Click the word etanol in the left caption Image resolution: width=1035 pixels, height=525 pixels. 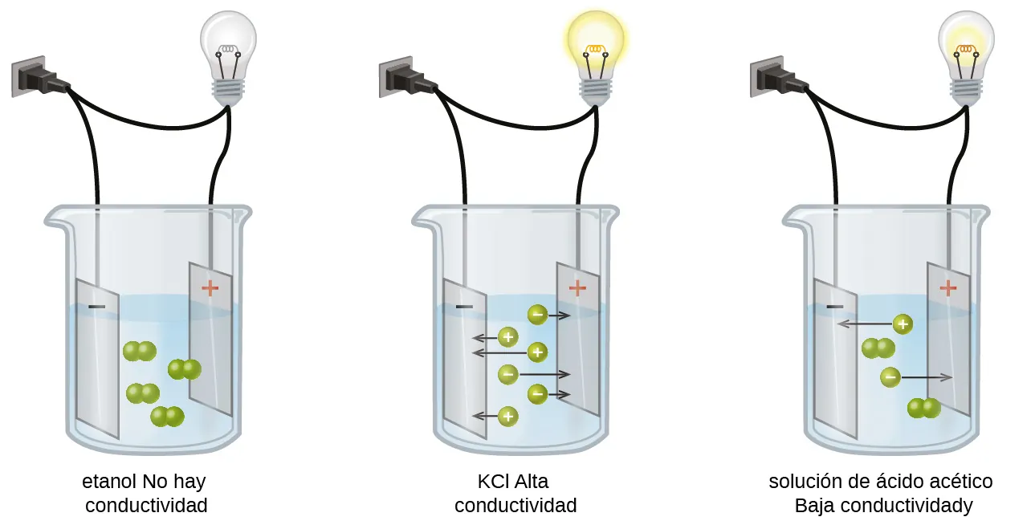[109, 482]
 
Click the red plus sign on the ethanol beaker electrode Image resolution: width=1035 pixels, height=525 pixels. [210, 287]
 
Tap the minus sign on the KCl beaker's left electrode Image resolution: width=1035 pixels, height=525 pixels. [464, 307]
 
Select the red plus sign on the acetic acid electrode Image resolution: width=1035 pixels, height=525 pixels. [948, 287]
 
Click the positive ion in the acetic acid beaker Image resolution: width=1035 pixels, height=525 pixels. [903, 324]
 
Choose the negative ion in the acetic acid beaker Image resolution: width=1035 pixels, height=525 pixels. [890, 376]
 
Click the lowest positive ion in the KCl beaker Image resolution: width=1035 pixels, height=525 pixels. [507, 416]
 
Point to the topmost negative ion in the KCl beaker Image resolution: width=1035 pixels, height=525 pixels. [537, 315]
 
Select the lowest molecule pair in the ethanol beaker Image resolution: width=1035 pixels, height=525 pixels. [168, 417]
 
